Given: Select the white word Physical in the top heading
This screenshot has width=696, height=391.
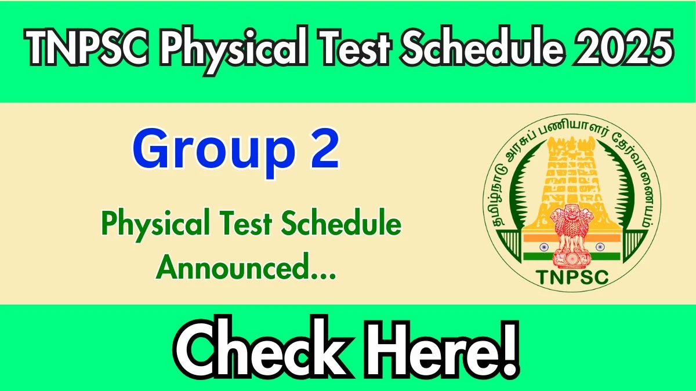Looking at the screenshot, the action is (x=234, y=50).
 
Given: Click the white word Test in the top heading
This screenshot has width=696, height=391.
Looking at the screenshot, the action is (x=354, y=47).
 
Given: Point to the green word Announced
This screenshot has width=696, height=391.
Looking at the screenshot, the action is (x=246, y=267).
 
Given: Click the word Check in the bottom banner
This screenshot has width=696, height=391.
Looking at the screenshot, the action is (x=263, y=350).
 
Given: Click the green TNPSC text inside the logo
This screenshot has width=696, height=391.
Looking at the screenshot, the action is (x=572, y=277).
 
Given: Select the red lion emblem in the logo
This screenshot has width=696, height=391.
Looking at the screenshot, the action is (x=572, y=236).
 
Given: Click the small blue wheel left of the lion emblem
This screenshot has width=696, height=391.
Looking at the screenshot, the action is (x=544, y=247).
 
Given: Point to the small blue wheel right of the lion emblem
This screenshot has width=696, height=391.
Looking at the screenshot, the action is (x=600, y=247).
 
